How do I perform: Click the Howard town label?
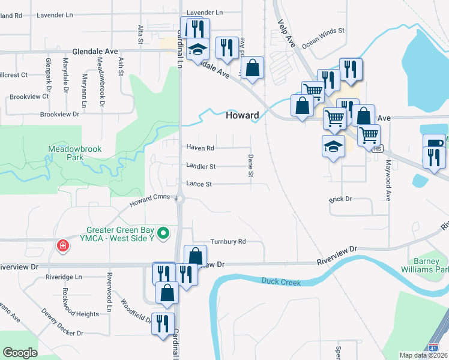[243, 115]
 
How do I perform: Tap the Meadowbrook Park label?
[75, 153]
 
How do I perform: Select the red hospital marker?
[61, 245]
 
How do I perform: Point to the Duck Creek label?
[281, 281]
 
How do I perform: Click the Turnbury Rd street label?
[228, 242]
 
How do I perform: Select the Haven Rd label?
[200, 148]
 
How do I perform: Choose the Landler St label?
[200, 166]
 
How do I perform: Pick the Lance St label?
[199, 184]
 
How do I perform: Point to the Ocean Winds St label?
[324, 37]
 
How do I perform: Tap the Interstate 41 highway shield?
[433, 347]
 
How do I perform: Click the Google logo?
[20, 353]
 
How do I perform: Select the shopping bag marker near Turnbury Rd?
[195, 256]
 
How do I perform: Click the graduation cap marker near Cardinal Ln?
[196, 50]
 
